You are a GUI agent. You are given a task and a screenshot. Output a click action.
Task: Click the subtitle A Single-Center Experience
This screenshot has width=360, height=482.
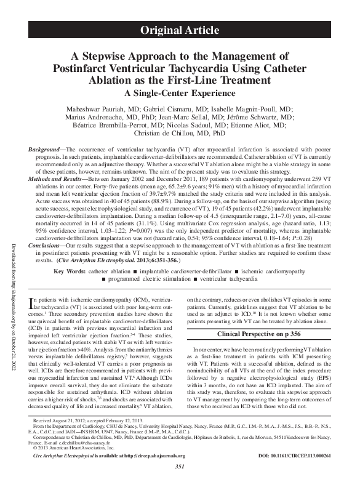180,93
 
